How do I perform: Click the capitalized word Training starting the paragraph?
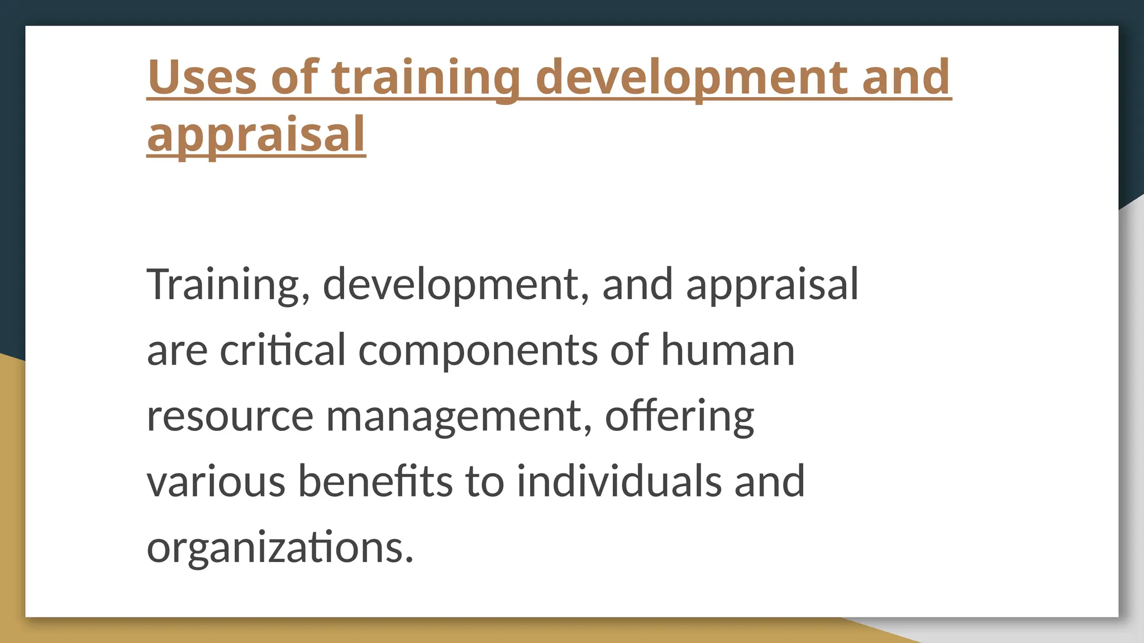pyautogui.click(x=223, y=285)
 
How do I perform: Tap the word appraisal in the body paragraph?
pyautogui.click(x=771, y=285)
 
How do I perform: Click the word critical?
pyautogui.click(x=283, y=351)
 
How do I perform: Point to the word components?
pyautogui.click(x=478, y=351)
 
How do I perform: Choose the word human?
pyautogui.click(x=727, y=351)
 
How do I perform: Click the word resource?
pyautogui.click(x=230, y=416)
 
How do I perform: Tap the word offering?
pyautogui.click(x=679, y=416)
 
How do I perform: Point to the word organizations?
pyautogui.click(x=279, y=548)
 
